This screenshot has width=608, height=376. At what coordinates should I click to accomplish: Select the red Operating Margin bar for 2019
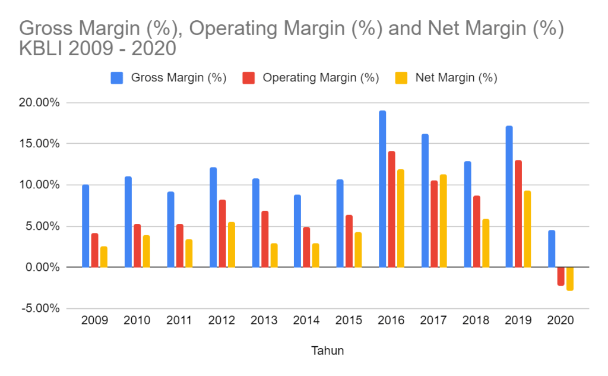(518, 214)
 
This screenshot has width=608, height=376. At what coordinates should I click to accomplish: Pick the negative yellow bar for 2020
(570, 279)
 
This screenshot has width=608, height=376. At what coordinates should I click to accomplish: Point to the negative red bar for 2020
(560, 276)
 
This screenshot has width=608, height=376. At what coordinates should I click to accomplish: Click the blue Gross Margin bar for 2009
(85, 226)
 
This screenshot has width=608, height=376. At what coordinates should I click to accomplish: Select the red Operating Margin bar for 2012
(222, 233)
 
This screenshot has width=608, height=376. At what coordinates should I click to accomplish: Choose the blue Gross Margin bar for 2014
(297, 231)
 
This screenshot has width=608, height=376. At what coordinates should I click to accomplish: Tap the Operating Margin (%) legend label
(320, 78)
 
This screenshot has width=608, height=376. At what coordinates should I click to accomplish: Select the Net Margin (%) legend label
(456, 78)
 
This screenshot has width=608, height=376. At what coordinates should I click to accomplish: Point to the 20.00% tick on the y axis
(39, 103)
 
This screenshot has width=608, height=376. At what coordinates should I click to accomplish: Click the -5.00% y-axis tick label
(39, 308)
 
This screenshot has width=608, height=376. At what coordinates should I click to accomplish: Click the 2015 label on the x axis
(349, 321)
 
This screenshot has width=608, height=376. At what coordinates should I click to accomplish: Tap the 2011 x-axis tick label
(179, 321)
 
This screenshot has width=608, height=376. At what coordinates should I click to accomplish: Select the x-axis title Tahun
(327, 351)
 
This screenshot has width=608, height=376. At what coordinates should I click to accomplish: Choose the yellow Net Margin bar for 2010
(146, 251)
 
